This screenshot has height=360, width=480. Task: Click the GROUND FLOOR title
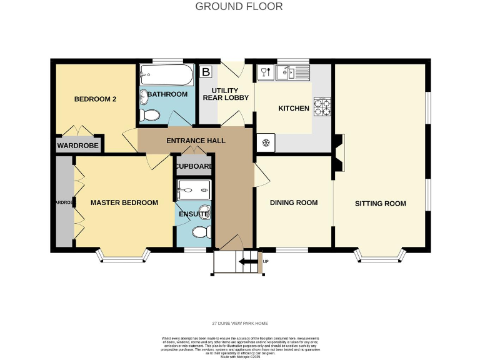(239, 7)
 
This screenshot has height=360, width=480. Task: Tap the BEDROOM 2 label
(96, 99)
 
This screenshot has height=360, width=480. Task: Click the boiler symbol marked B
(205, 72)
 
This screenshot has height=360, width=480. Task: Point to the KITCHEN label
(294, 109)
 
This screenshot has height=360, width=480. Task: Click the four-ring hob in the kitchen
(322, 107)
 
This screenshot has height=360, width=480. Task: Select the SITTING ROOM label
(380, 204)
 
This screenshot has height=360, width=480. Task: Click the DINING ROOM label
(294, 202)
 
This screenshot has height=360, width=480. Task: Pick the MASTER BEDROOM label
(124, 202)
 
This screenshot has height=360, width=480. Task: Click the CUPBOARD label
(194, 167)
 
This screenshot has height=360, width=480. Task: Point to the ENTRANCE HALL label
(196, 141)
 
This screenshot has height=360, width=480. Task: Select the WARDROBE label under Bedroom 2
(78, 146)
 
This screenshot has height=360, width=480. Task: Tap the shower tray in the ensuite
(194, 189)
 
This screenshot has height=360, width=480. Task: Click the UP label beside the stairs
(266, 262)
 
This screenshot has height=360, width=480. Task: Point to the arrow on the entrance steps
(249, 262)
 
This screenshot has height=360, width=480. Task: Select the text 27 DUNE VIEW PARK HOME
(239, 323)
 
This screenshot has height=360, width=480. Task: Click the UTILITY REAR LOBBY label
(226, 94)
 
